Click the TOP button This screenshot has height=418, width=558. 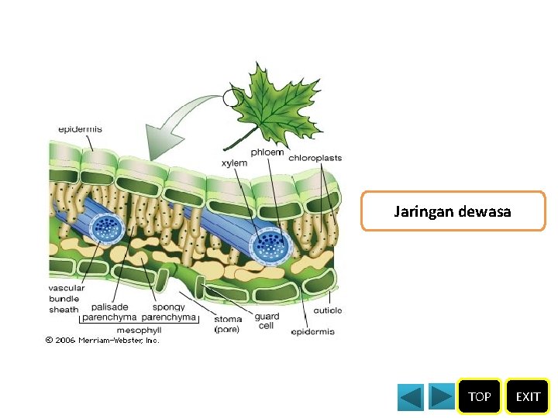[x=479, y=396]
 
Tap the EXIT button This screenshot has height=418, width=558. [x=528, y=396]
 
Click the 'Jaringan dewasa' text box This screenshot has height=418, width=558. [x=453, y=211]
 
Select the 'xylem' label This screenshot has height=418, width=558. [x=234, y=163]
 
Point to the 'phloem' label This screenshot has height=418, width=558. [x=267, y=152]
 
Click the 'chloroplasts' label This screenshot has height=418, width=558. [x=315, y=158]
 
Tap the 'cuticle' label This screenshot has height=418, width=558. [x=327, y=311]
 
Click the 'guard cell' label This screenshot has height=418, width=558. [x=266, y=321]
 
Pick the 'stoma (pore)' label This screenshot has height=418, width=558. [x=227, y=324]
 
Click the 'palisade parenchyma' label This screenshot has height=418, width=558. [x=109, y=312]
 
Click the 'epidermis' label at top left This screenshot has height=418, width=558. [x=79, y=128]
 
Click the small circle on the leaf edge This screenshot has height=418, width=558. [x=230, y=98]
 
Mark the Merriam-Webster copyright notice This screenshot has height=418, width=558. [x=102, y=341]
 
